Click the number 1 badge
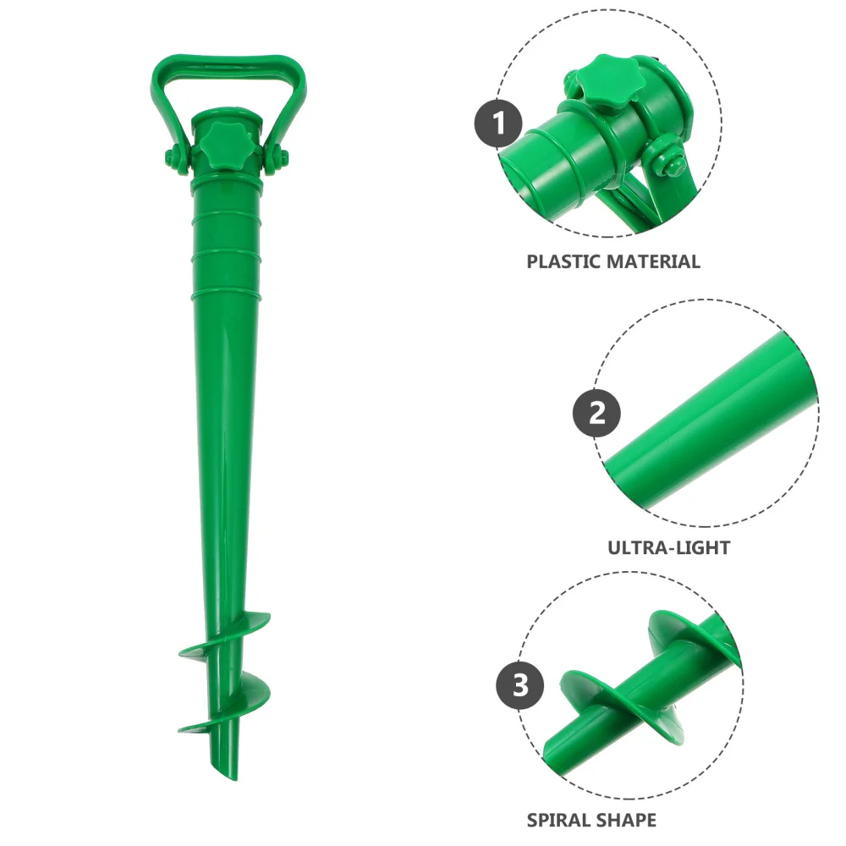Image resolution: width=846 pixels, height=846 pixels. (498, 124)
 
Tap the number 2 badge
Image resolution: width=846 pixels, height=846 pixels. (596, 414)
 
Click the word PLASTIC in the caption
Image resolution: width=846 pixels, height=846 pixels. (563, 261)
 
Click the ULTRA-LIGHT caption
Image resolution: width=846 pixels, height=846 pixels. (668, 547)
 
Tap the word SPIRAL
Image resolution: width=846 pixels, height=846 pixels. (561, 820)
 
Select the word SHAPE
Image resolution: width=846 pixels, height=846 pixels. (629, 820)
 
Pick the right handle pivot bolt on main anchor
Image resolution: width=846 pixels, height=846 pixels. (277, 157)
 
